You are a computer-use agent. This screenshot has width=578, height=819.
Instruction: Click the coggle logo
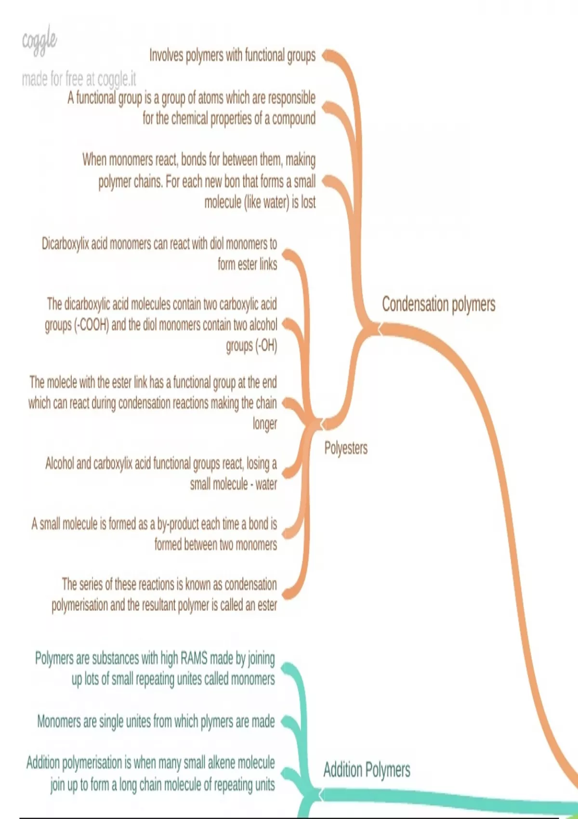point(39,41)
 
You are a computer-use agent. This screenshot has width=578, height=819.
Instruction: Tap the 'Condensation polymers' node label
point(438,304)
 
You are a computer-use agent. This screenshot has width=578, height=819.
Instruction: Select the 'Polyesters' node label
point(345,448)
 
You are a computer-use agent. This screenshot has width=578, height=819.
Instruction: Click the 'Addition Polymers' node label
point(367,769)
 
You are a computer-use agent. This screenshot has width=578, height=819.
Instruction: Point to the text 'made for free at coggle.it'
point(79,78)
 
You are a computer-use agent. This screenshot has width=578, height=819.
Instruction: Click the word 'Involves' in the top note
point(166,55)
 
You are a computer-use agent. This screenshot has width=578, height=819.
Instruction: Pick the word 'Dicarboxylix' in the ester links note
point(66,244)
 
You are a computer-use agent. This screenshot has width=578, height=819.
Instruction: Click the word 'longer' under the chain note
point(265,423)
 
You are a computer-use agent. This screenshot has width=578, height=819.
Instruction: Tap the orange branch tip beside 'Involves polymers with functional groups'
point(327,55)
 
